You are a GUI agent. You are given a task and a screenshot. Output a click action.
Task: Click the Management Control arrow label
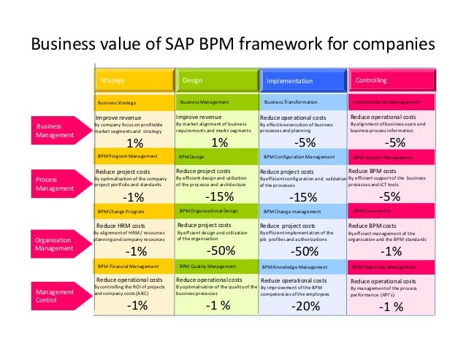55,295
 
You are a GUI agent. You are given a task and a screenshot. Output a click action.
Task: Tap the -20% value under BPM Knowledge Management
305,307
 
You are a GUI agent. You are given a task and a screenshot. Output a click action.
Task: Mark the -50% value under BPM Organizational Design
219,250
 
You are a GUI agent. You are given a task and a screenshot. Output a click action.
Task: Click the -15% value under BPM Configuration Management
303,198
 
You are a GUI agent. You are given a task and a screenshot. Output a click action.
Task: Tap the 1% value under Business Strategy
135,143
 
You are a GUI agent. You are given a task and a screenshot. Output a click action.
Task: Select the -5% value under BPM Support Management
391,196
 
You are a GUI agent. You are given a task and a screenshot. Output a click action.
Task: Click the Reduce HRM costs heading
123,226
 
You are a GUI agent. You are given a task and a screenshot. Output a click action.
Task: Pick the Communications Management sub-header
391,102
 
